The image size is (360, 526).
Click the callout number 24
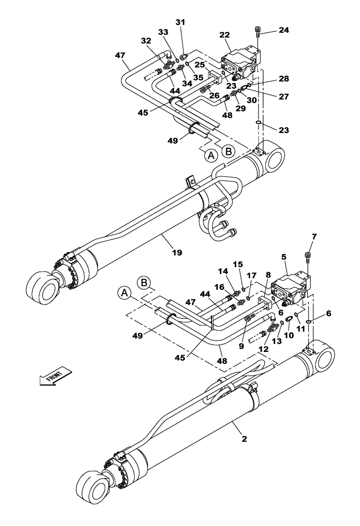click(x=284, y=31)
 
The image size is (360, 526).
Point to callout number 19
click(x=177, y=253)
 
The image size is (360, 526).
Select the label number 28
click(x=284, y=78)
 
